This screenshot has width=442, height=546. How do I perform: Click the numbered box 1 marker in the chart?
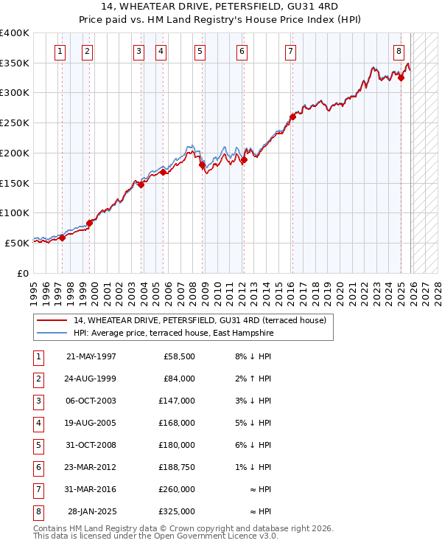pyautogui.click(x=60, y=52)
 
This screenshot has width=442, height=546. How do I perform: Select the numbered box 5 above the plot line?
pyautogui.click(x=200, y=52)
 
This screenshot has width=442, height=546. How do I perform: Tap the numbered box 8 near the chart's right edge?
pyautogui.click(x=399, y=52)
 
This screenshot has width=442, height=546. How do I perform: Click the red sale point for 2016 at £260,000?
pyautogui.click(x=292, y=117)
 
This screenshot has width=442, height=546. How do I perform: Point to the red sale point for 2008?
pyautogui.click(x=202, y=165)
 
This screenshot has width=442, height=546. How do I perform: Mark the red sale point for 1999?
pyautogui.click(x=89, y=222)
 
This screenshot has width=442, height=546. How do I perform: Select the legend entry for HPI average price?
pyautogui.click(x=173, y=334)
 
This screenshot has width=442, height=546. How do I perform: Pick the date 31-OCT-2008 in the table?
pyautogui.click(x=91, y=445)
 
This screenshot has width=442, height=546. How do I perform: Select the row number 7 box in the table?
pyautogui.click(x=38, y=488)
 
